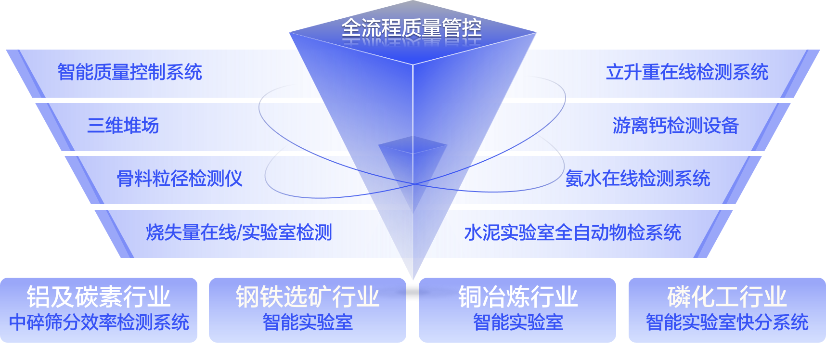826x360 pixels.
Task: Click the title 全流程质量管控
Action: [x=412, y=28]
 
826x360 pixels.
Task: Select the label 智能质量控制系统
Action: [x=129, y=72]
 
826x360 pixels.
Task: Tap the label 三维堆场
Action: [x=123, y=126]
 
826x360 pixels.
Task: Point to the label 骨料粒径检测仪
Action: [x=180, y=179]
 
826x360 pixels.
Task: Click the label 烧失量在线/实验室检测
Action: [x=239, y=232]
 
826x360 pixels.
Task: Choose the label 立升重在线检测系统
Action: [x=687, y=72]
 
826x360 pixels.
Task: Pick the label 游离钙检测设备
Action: [x=675, y=126]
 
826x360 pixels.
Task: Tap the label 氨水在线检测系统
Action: [x=638, y=179]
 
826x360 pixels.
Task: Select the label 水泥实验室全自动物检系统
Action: [x=572, y=232]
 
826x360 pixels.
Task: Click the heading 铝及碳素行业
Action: [x=99, y=296]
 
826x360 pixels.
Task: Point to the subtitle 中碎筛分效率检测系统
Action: [x=99, y=322]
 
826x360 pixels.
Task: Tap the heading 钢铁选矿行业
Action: [x=308, y=296]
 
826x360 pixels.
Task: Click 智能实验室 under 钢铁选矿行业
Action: [x=308, y=322]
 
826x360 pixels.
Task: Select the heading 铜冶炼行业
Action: [x=517, y=296]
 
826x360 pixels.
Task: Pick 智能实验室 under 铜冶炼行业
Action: [x=517, y=322]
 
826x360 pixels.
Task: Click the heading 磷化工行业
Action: [x=727, y=296]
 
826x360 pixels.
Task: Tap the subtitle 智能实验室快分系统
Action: [x=727, y=322]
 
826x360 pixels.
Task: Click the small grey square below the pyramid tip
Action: [x=413, y=292]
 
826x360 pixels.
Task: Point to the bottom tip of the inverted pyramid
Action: [x=413, y=279]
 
